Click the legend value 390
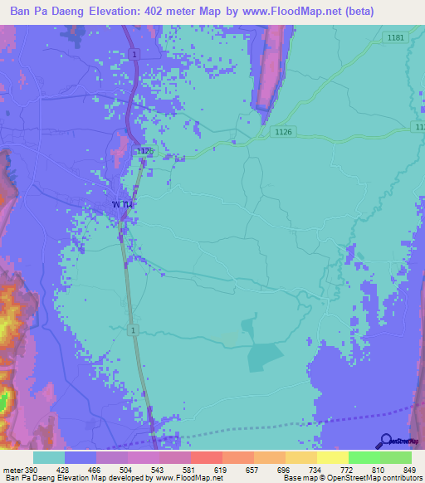click(x=32, y=469)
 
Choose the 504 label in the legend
click(x=125, y=469)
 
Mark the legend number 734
click(x=314, y=469)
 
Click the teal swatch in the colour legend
click(x=49, y=457)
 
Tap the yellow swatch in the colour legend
click(x=332, y=457)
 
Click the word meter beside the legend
click(x=12, y=469)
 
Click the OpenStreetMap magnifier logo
click(x=385, y=440)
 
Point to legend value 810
click(x=376, y=469)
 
